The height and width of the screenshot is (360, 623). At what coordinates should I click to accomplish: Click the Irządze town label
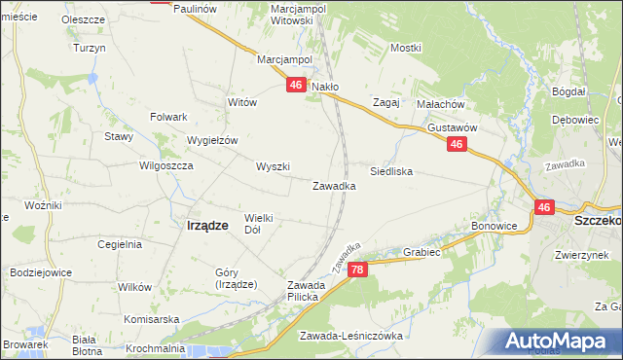pos(206,225)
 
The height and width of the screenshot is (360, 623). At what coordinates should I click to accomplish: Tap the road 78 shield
pos(358,270)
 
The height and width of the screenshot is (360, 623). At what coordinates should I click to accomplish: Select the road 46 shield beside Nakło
pos(296,87)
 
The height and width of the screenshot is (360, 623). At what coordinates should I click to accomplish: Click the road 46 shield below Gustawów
pos(457,144)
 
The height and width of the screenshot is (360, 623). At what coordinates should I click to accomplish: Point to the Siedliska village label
pos(391,171)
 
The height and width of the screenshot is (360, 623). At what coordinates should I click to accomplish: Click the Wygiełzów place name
pos(212,140)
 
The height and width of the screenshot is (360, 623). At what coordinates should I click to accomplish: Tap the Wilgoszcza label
pos(167,166)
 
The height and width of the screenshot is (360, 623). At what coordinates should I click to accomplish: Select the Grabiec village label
pos(422,252)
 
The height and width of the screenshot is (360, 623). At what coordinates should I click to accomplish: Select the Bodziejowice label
pos(42,273)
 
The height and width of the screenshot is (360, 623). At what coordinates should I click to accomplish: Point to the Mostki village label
pos(405,48)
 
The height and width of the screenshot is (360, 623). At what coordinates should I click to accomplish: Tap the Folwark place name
pos(168,117)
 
